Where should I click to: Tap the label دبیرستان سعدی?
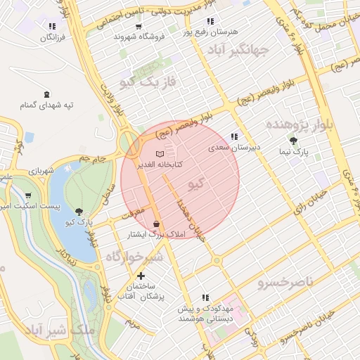(x=234, y=148)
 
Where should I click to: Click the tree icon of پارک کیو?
(x=79, y=211)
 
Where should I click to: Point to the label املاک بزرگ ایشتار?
(x=156, y=234)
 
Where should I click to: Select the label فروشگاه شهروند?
(x=139, y=36)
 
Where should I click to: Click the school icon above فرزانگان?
(x=51, y=26)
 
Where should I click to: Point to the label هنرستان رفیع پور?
(x=211, y=32)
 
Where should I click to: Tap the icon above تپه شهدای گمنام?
(x=47, y=94)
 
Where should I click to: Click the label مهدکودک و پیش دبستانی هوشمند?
(x=205, y=314)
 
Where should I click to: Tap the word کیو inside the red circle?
(x=198, y=184)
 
